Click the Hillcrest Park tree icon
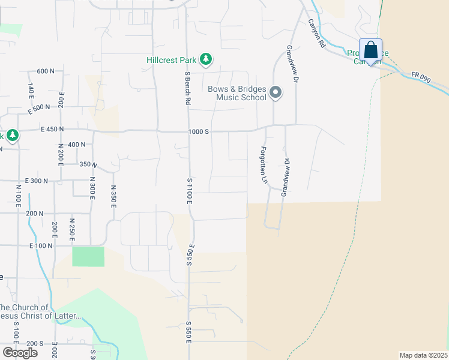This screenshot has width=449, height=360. tap(206, 59)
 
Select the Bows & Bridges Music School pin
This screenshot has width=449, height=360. tap(276, 92)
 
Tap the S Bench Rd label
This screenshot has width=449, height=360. tap(187, 89)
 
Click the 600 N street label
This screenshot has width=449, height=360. tap(45, 71)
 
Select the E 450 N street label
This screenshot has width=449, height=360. tap(52, 129)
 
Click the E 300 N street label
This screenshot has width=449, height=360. tap(37, 180)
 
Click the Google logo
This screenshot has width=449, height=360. tap(20, 352)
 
